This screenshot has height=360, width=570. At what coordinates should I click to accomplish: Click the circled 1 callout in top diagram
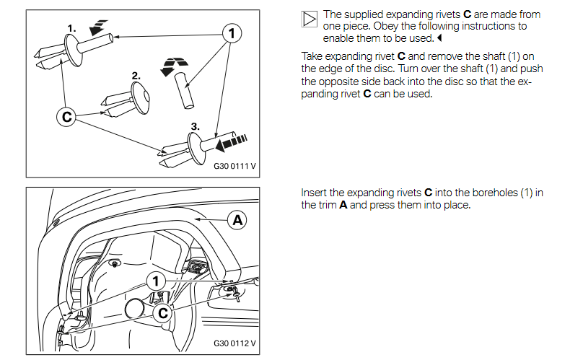pos(230,33)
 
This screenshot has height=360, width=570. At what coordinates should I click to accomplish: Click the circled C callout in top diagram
pos(66,116)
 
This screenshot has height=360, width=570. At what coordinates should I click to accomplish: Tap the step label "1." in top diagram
pos(72,28)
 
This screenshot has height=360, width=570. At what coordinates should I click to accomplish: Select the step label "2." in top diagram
pos(136,75)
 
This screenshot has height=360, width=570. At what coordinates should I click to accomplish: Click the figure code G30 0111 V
pos(235,165)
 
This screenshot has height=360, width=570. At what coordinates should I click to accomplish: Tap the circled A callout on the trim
pos(236,219)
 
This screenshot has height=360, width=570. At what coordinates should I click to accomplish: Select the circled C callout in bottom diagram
pos(163,312)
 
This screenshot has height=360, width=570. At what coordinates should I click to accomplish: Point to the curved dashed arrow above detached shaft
pos(172,66)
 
